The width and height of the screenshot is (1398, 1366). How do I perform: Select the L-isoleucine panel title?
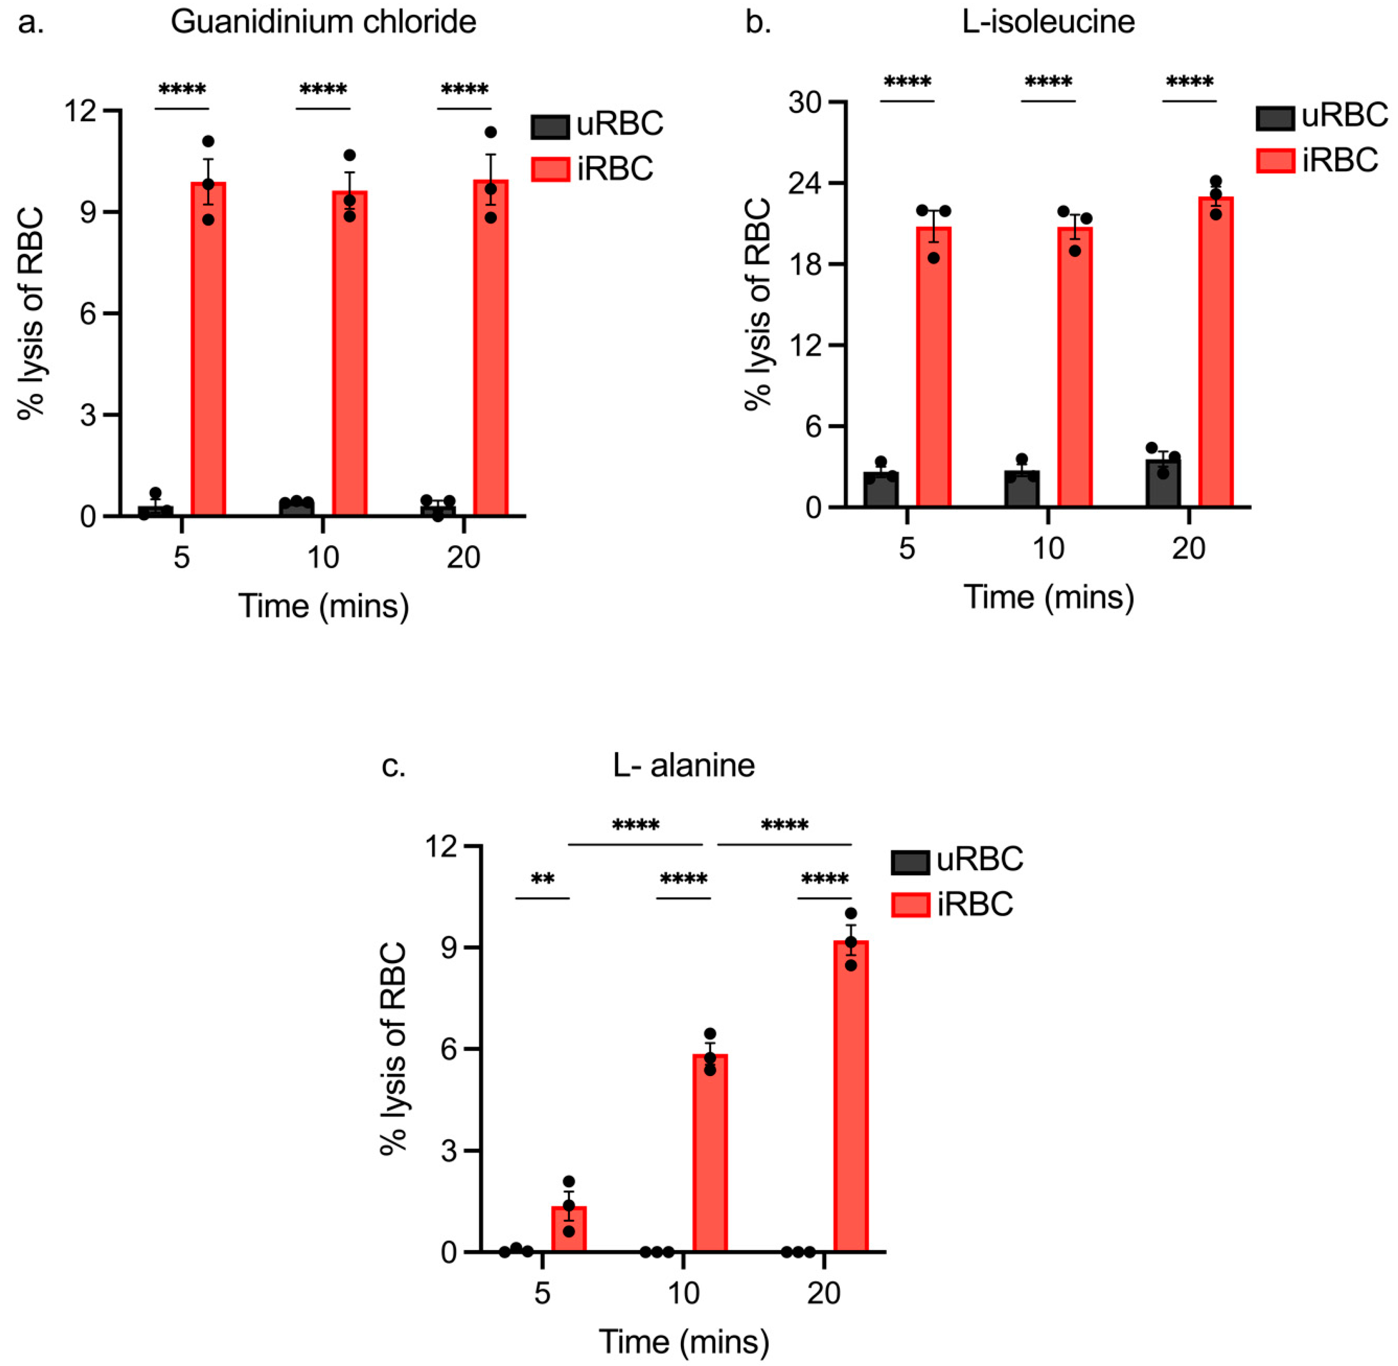pyautogui.click(x=1048, y=22)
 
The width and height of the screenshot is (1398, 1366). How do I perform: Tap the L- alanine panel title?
pyautogui.click(x=683, y=765)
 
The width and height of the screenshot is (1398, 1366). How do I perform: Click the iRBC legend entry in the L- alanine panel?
pyautogui.click(x=952, y=904)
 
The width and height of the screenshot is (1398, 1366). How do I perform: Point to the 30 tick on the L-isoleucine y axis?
pyautogui.click(x=807, y=103)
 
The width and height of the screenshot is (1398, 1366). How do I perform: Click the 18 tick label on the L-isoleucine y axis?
pyautogui.click(x=807, y=264)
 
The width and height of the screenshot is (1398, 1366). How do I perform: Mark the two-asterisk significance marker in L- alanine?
pyautogui.click(x=543, y=880)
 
